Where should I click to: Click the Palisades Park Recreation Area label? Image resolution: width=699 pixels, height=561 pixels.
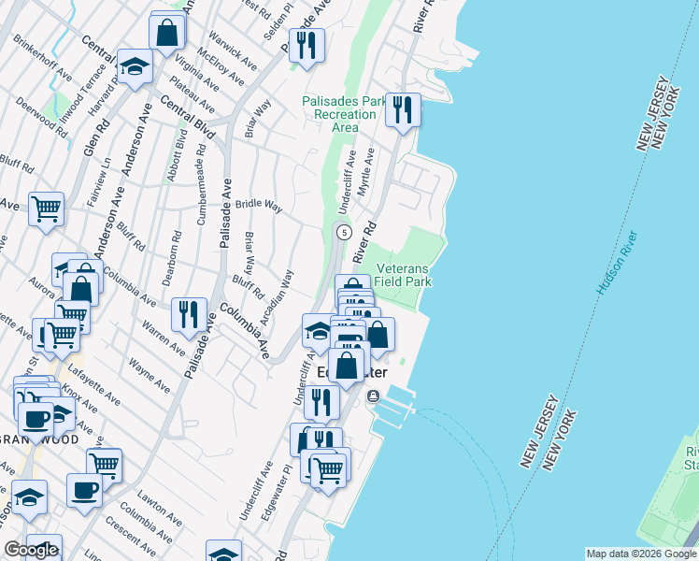(x=332, y=114)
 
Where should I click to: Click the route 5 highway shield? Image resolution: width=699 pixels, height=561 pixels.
(x=344, y=232)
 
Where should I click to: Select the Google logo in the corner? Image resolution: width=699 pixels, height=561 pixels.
(x=30, y=550)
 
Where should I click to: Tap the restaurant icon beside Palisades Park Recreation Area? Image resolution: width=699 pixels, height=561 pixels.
(x=403, y=110)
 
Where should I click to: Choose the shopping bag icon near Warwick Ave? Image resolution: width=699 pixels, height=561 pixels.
(x=166, y=32)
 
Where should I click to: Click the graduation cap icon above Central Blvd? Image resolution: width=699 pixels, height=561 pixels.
(x=135, y=65)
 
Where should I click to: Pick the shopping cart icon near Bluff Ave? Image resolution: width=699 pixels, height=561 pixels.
(x=46, y=209)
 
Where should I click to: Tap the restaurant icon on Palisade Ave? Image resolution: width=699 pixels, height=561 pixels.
(x=190, y=314)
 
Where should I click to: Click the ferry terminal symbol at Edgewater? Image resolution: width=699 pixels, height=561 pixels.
(x=373, y=396)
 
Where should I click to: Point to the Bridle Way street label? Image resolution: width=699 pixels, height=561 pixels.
(x=259, y=205)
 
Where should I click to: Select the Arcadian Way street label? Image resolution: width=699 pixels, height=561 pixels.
(x=278, y=297)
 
